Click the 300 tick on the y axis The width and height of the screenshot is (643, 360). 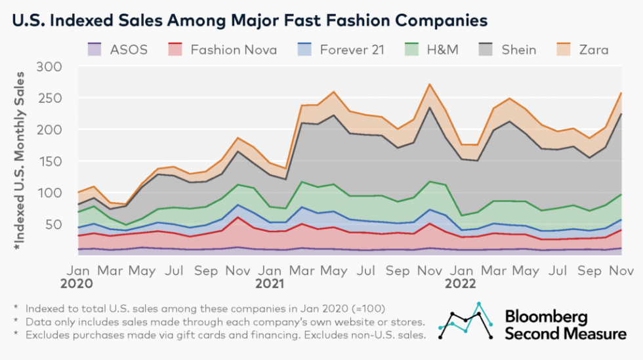(x=50, y=67)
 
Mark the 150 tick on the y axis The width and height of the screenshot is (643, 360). (x=50, y=161)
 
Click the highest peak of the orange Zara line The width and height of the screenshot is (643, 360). (x=429, y=84)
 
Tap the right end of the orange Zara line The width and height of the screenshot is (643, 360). (x=621, y=93)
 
